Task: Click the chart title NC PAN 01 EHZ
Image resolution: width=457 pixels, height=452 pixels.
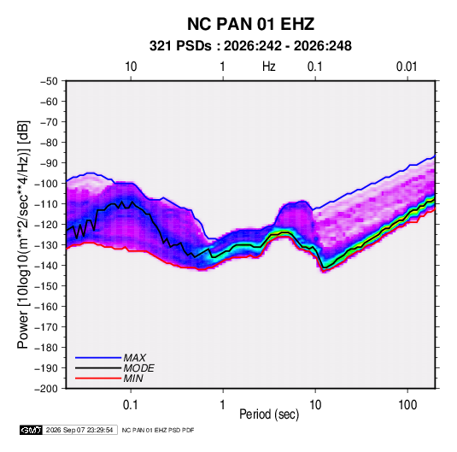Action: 250,24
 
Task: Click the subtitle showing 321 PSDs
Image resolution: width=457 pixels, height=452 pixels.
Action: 250,46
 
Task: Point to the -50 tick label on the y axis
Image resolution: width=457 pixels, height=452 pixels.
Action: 49,81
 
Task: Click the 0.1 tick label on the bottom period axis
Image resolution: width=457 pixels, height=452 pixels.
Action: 131,405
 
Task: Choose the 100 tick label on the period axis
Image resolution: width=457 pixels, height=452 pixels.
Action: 407,405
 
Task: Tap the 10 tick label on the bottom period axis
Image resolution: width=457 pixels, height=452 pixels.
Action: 315,405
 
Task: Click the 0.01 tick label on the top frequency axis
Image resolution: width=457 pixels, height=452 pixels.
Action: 407,67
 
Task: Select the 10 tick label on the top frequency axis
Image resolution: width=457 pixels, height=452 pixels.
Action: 131,67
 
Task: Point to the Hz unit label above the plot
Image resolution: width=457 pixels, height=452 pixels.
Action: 269,67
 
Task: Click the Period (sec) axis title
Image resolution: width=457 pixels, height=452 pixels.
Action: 269,414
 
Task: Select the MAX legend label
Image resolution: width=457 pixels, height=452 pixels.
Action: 135,358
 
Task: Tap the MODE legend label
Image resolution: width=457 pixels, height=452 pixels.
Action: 138,368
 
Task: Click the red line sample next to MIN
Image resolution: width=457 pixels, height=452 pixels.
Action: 98,379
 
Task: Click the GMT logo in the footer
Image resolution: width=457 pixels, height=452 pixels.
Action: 32,430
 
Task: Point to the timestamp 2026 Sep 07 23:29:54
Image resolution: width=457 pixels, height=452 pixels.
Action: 79,430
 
